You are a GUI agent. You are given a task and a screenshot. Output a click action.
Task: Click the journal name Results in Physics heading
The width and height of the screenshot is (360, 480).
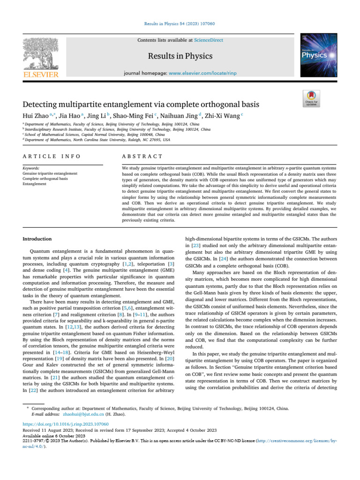[x=180, y=57]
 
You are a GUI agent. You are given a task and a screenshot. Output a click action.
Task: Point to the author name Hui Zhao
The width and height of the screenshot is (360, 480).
[x=37, y=115]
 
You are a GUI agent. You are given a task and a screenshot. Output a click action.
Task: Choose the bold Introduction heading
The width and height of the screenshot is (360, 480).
[x=37, y=239]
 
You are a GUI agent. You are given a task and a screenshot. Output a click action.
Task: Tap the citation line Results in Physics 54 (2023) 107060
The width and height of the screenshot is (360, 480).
[x=180, y=24]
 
